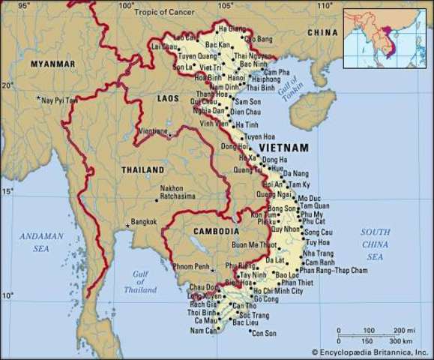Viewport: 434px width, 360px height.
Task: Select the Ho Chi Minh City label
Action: pyautogui.click(x=278, y=291)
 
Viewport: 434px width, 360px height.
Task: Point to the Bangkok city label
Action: pyautogui.click(x=143, y=221)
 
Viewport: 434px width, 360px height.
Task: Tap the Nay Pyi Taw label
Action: pyautogui.click(x=60, y=100)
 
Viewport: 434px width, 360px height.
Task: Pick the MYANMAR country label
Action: pyautogui.click(x=52, y=64)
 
